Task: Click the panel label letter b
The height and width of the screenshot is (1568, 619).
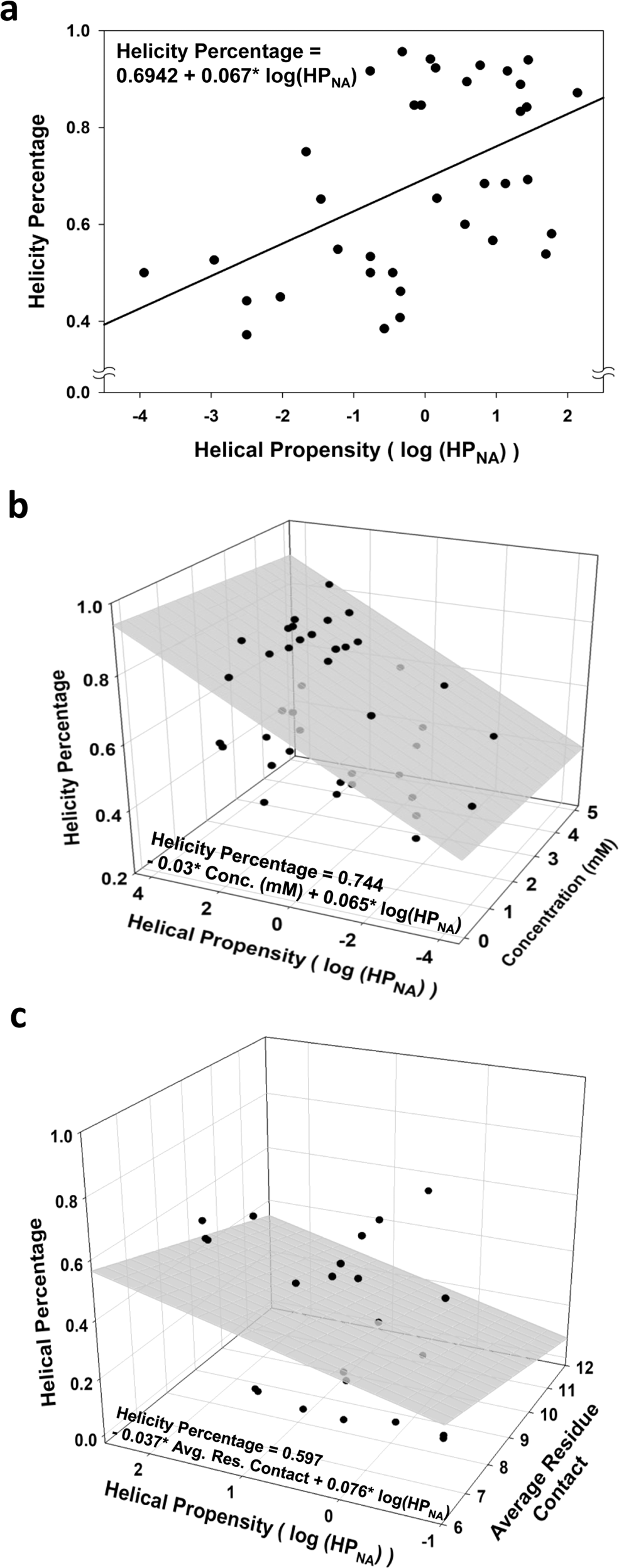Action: click(x=18, y=506)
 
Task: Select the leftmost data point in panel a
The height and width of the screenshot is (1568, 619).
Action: click(x=144, y=273)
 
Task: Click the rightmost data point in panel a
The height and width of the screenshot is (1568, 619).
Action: click(x=577, y=92)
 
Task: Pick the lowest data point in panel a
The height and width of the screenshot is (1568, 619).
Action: click(x=246, y=335)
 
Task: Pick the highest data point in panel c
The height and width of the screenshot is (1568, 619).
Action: click(x=428, y=1191)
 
